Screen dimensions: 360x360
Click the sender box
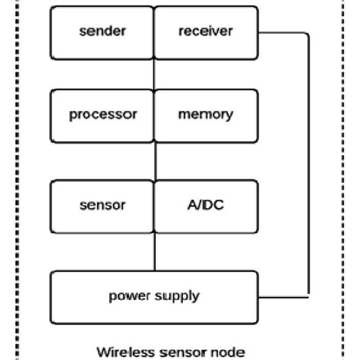(x=102, y=32)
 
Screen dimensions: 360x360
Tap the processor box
(x=102, y=115)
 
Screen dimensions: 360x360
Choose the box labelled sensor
(x=102, y=205)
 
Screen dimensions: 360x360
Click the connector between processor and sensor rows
(x=155, y=159)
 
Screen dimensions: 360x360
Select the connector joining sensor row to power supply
(x=155, y=250)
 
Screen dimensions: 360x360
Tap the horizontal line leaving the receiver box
(x=285, y=33)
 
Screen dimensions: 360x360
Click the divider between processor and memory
(x=155, y=115)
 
